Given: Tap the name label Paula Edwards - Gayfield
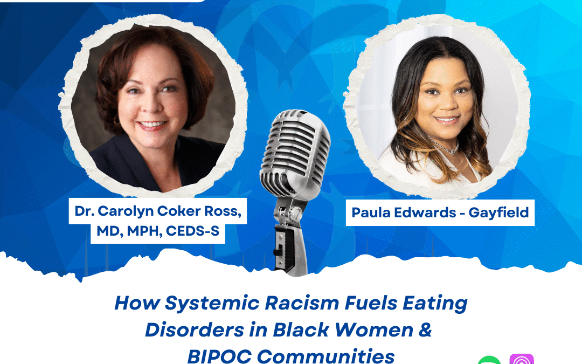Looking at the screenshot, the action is tap(440, 212).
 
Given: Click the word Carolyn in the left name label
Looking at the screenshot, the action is tap(126, 211).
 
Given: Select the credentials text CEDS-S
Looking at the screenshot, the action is tap(192, 231).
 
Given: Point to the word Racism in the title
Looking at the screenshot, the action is tap(302, 303).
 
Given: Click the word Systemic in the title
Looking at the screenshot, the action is tap(212, 304).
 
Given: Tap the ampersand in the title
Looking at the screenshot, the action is tap(425, 329).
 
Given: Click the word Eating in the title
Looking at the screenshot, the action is tap(435, 304).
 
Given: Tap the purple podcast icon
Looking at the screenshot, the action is tap(522, 359).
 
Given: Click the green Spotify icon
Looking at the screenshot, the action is tap(489, 360).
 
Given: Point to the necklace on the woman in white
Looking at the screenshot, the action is tap(442, 146).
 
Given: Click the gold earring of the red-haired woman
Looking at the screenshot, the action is tap(116, 120).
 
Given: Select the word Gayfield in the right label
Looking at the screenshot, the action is tap(498, 213).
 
